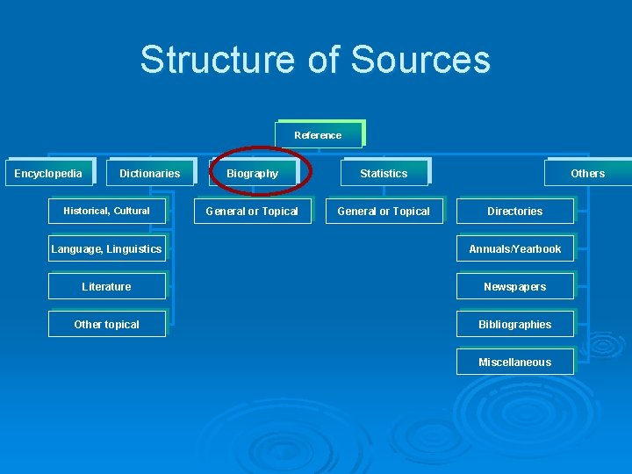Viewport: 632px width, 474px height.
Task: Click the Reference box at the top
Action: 318,135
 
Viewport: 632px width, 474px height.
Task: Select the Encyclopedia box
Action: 48,173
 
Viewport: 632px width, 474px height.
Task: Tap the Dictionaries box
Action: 149,173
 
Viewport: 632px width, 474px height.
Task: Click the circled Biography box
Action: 253,173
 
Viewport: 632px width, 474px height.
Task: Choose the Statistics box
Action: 384,173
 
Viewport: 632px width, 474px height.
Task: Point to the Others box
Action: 587,173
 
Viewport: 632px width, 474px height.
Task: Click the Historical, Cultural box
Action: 106,211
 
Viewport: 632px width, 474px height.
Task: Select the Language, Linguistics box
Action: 106,248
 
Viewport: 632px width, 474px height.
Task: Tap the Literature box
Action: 106,286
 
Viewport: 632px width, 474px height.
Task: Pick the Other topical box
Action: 106,324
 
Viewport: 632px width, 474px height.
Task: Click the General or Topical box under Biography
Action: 252,211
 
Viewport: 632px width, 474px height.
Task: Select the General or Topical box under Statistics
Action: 384,211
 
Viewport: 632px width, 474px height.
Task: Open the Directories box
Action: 514,211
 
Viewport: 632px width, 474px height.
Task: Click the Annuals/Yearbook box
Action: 514,248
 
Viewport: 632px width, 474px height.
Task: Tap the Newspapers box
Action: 514,286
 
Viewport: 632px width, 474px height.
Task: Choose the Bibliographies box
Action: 514,324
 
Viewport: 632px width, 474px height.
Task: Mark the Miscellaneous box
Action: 514,362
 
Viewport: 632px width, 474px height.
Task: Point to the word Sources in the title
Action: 420,60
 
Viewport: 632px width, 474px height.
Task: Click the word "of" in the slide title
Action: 324,60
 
